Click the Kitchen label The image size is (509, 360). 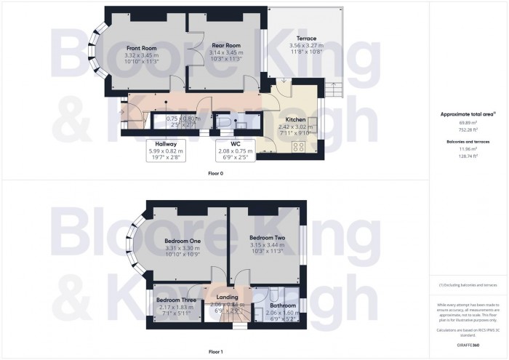(x=294, y=119)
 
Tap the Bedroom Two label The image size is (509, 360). (x=265, y=238)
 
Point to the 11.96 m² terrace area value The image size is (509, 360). (x=468, y=149)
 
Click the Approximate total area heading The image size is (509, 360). (x=468, y=114)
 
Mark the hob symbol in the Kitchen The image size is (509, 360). (x=298, y=148)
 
